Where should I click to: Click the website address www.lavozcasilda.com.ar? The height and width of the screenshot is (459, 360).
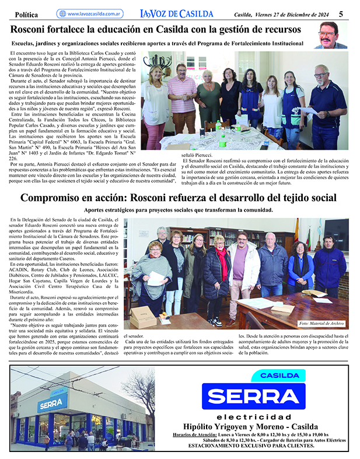click(93, 13)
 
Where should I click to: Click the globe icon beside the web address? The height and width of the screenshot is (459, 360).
click(61, 13)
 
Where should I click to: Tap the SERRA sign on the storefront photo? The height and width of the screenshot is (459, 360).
click(53, 405)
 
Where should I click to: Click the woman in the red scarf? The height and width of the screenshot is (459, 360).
click(221, 274)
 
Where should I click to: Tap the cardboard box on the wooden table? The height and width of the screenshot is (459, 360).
click(142, 317)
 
